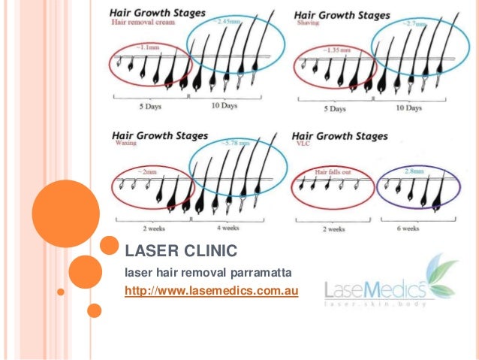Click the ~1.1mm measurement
pyautogui.click(x=148, y=46)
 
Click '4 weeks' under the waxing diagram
pyautogui.click(x=227, y=228)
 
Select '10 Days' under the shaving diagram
pyautogui.click(x=408, y=107)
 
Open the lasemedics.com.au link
pyautogui.click(x=211, y=290)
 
